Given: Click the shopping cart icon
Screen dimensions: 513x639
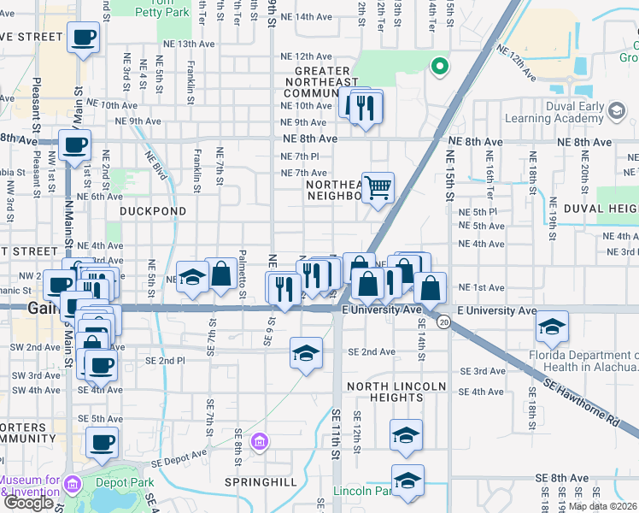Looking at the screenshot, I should coord(378,187).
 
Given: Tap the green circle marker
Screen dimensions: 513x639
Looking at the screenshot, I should coord(439,65).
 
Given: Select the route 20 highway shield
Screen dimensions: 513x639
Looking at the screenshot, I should coord(443,321).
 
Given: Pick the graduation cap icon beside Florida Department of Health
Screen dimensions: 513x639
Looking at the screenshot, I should coord(552,326).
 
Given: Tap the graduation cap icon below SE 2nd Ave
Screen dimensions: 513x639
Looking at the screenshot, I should coord(306,353).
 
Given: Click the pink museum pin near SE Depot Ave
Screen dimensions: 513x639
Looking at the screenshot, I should coord(260,442).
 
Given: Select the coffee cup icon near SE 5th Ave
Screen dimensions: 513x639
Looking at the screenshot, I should coord(103,442).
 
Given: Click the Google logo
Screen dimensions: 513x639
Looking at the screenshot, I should coord(27,503).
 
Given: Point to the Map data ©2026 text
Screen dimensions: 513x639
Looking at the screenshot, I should coord(603,506).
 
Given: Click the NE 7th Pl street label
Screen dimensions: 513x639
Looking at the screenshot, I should coord(300,156).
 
